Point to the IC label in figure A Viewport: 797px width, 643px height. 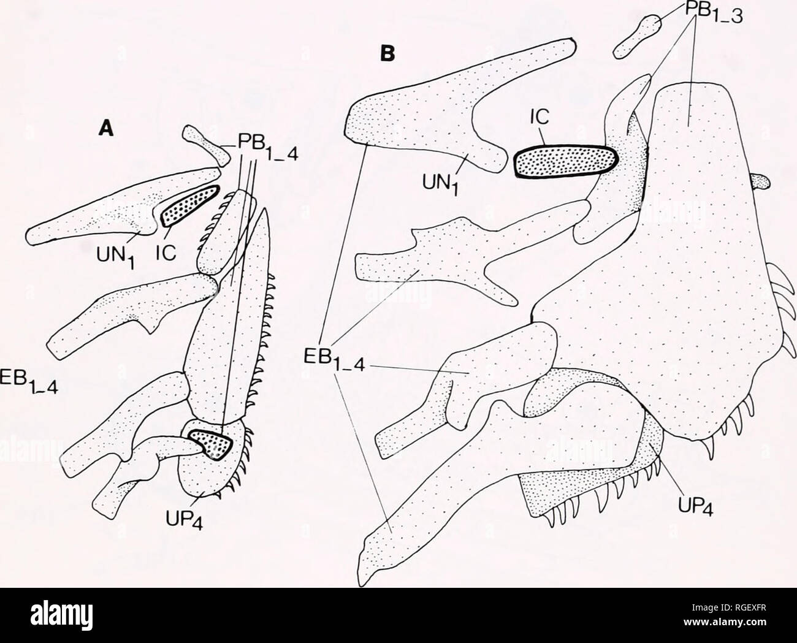click(x=167, y=254)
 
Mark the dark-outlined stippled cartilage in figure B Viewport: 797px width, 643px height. click(x=565, y=161)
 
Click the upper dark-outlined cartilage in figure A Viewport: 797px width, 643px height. click(x=189, y=206)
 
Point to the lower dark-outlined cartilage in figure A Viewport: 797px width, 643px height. click(x=210, y=444)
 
